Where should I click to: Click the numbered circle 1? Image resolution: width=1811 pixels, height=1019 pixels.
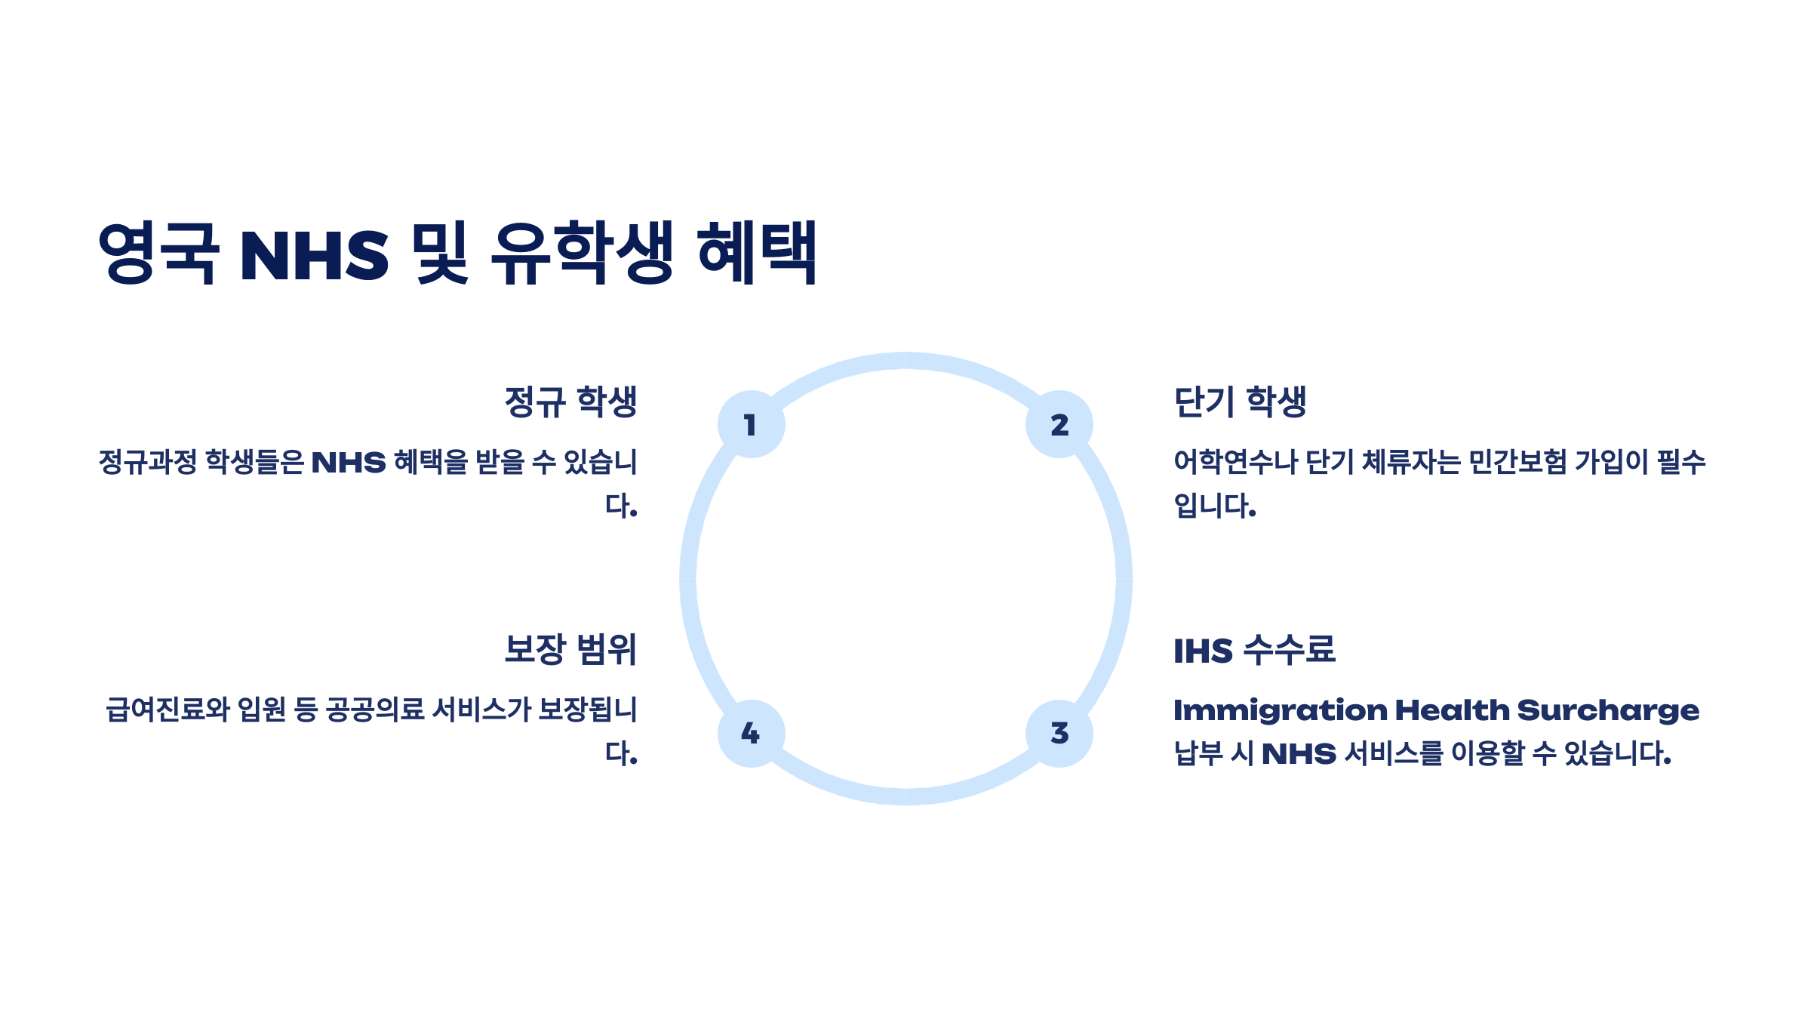751,424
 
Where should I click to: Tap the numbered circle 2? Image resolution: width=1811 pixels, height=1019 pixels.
1059,424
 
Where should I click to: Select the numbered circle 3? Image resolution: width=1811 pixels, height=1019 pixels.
1059,733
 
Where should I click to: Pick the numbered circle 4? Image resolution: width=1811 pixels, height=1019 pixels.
751,733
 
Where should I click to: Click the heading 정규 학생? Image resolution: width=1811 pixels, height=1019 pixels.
570,402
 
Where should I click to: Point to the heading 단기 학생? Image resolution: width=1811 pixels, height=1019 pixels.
1240,402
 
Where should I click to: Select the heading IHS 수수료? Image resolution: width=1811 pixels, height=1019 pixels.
1254,650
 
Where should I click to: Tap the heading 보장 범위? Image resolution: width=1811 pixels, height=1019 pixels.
570,650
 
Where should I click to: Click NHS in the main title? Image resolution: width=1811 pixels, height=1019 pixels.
314,255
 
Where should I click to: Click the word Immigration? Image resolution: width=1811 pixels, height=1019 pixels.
1280,710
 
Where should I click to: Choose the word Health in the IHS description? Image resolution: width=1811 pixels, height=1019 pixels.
1452,710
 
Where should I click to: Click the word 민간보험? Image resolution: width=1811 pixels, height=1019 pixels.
1517,462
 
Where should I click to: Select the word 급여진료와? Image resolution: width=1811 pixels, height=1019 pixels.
168,710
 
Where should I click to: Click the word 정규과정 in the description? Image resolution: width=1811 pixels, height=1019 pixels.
148,462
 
